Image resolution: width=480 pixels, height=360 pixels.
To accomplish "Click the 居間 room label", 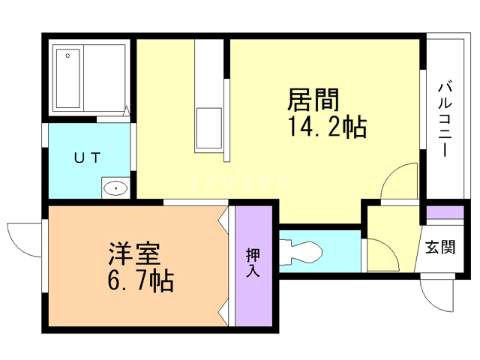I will [x=313, y=100].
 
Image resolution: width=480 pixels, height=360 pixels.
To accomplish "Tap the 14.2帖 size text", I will [x=325, y=128].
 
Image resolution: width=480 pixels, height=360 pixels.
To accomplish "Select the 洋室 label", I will [x=129, y=253].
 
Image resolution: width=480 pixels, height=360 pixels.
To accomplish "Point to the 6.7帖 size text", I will [x=139, y=282].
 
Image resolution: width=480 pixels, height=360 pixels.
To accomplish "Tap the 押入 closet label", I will [x=252, y=263].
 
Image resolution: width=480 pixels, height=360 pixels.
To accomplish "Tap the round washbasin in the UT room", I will [x=115, y=188].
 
